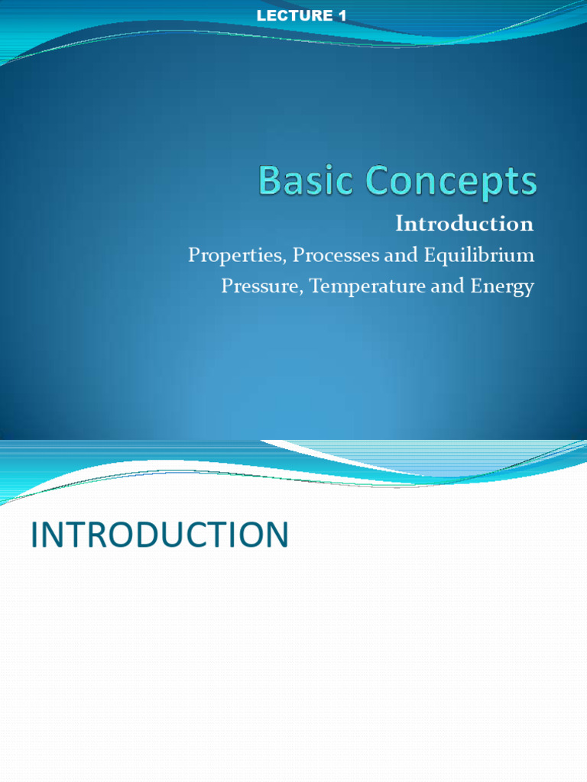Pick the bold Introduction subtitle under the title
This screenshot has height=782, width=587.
click(x=464, y=224)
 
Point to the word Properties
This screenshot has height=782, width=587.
click(x=233, y=255)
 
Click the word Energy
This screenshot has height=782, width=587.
click(x=501, y=287)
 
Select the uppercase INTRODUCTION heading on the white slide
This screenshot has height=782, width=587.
click(x=159, y=535)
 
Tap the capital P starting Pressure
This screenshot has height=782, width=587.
click(x=226, y=286)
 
